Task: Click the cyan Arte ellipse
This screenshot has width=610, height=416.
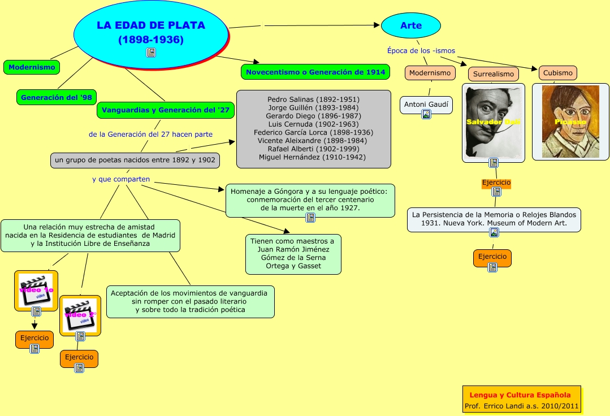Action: point(410,25)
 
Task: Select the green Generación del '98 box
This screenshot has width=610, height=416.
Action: point(56,98)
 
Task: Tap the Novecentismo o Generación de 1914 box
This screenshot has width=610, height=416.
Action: point(315,72)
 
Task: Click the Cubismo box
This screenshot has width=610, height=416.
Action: point(557,73)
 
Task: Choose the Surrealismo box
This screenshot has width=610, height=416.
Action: point(493,74)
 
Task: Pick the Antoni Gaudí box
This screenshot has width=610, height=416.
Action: point(426,105)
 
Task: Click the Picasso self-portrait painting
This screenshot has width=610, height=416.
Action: point(570,122)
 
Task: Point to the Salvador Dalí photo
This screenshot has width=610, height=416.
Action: point(492,122)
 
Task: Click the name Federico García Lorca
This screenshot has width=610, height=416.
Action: point(313,132)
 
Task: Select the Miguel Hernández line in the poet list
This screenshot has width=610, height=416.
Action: point(313,157)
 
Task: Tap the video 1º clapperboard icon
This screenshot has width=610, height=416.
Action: point(36,290)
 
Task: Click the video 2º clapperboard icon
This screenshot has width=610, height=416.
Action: point(80,314)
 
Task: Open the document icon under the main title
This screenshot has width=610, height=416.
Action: point(151,53)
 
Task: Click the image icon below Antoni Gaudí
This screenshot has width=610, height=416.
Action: point(426,114)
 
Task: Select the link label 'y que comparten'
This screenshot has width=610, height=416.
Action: point(121,179)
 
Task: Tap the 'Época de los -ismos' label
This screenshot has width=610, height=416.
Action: point(421,50)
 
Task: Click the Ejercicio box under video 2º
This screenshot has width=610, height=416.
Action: point(79,357)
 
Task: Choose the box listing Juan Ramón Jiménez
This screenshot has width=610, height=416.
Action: point(293,254)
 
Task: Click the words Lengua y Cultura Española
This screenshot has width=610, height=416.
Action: point(520,395)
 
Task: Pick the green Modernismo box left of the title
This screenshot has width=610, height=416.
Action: point(32,67)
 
